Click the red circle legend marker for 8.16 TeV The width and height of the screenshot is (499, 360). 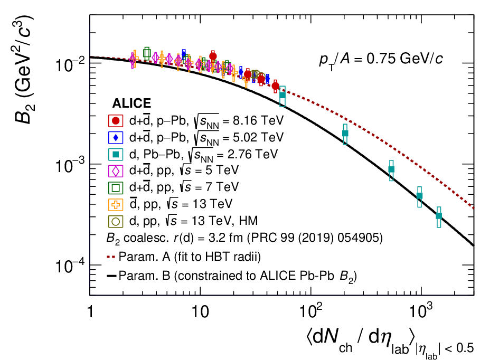(x=116, y=121)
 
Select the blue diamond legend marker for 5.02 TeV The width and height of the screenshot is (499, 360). (x=116, y=138)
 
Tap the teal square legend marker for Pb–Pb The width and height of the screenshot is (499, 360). (x=116, y=155)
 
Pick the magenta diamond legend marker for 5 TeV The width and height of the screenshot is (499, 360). (x=116, y=171)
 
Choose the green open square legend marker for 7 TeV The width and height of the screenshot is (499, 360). (x=116, y=188)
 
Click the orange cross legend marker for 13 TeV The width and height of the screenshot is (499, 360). (x=116, y=205)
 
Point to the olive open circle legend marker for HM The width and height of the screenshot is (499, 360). (x=116, y=221)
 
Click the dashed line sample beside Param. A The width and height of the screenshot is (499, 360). (x=111, y=257)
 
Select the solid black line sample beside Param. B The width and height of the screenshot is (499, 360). (x=111, y=276)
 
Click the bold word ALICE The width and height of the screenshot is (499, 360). (x=131, y=103)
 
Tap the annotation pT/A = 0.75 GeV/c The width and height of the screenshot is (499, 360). (x=381, y=60)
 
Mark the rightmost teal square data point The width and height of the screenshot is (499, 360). (x=439, y=216)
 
